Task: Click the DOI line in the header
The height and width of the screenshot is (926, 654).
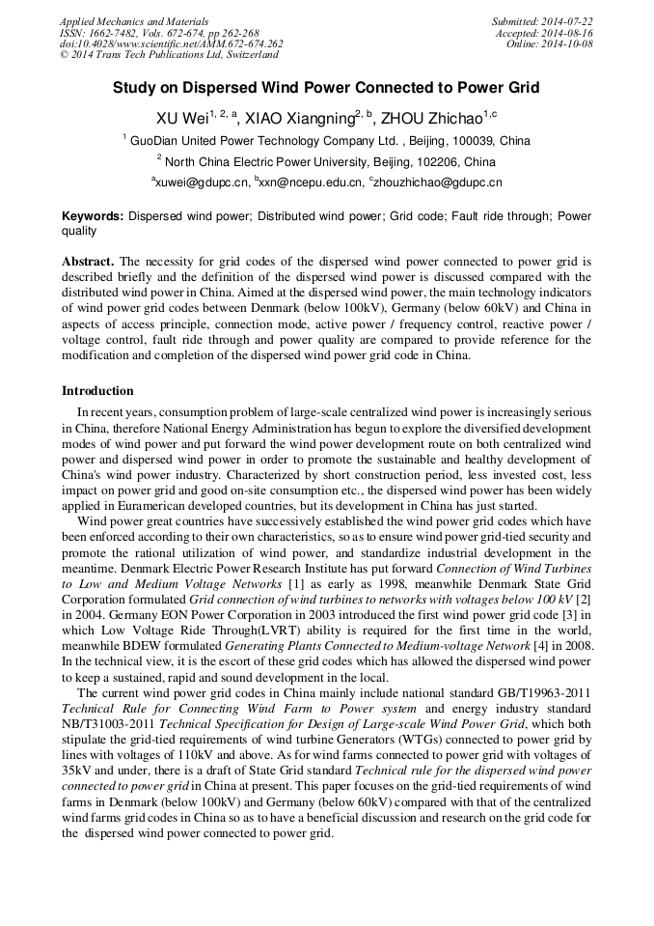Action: click(x=172, y=44)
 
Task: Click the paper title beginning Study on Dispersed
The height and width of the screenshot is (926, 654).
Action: click(x=326, y=88)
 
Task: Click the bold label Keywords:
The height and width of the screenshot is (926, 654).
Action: click(x=93, y=216)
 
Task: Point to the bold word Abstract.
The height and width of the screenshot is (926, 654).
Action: click(x=88, y=262)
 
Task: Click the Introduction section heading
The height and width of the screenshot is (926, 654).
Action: click(x=97, y=391)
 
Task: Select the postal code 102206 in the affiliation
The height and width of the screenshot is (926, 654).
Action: click(x=438, y=162)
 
